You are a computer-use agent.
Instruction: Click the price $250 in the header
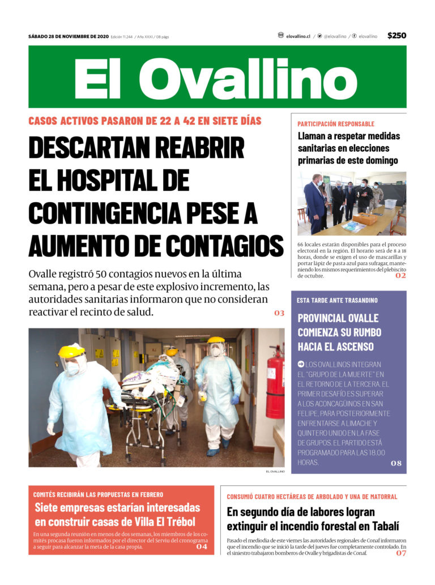click(396, 36)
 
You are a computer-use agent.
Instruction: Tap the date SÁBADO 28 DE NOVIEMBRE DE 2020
click(68, 36)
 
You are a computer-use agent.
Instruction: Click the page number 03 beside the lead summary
click(279, 313)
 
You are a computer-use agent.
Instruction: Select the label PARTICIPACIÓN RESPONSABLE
click(336, 123)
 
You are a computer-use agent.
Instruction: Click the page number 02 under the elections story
click(400, 276)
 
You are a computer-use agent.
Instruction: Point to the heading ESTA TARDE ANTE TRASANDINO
click(337, 300)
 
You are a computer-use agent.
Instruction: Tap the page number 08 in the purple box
click(396, 463)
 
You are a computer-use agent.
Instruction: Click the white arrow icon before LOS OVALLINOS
click(301, 364)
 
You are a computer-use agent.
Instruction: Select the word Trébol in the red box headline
click(178, 522)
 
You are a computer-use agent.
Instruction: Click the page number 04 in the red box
click(202, 546)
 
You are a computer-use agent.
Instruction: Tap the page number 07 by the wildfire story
click(401, 553)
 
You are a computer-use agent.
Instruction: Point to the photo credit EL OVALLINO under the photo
click(275, 471)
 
